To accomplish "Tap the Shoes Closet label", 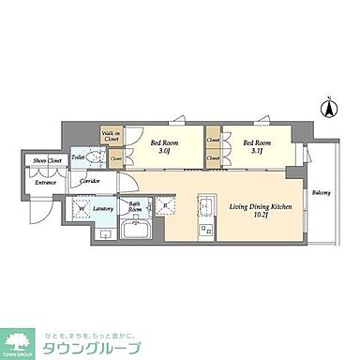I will [x=43, y=160].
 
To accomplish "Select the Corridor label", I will [x=90, y=181].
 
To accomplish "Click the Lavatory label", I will [x=102, y=210].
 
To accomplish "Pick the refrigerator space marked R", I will [x=165, y=206].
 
